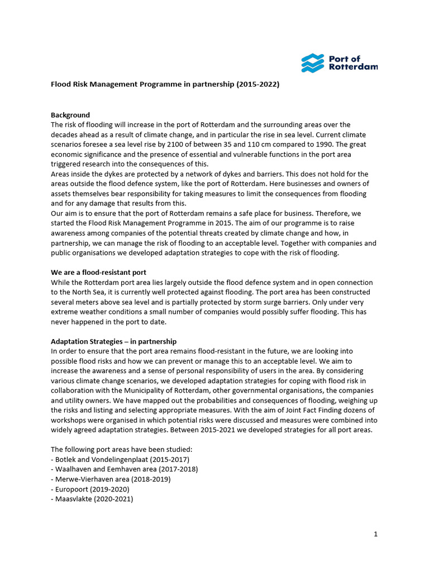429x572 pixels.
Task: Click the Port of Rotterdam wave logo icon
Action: point(312,63)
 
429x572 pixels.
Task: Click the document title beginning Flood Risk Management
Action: point(165,85)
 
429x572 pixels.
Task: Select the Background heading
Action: point(70,115)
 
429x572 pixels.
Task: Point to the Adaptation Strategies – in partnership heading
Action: point(113,341)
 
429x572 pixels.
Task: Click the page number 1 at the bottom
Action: point(376,534)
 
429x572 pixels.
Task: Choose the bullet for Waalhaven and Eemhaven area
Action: point(124,469)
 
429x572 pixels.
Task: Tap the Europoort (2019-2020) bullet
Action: point(90,489)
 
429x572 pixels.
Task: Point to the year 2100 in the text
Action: point(159,145)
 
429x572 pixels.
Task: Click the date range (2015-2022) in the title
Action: point(258,85)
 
